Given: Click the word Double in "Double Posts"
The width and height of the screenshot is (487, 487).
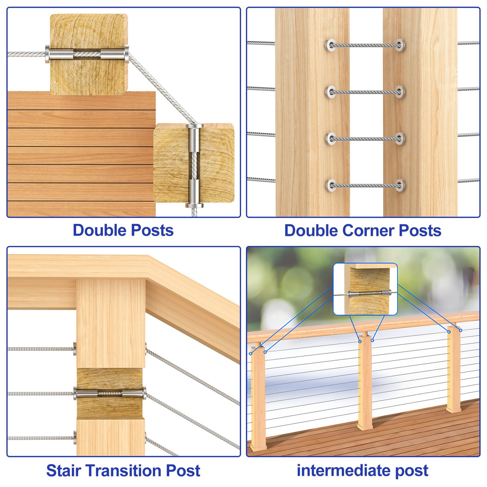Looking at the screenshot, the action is [100, 230].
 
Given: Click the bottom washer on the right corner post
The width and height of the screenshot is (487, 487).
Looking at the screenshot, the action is [400, 185].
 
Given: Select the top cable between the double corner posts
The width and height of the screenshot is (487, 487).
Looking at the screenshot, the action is [365, 45].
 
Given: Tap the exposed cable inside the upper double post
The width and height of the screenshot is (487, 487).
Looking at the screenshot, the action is [87, 54].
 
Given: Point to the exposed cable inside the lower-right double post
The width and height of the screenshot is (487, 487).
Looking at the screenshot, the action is [194, 166].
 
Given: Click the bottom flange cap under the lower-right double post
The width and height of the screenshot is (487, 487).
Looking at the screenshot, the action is [194, 205].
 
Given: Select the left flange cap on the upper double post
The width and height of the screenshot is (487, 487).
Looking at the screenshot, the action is [47, 54].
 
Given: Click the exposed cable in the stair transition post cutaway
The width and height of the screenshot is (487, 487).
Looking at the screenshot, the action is [110, 394].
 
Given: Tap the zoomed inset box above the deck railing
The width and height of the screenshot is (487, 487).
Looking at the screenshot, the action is [365, 289].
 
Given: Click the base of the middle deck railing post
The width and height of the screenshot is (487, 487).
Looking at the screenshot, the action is [365, 426].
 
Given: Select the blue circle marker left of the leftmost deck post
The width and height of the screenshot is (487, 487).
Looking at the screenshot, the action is [251, 353].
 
